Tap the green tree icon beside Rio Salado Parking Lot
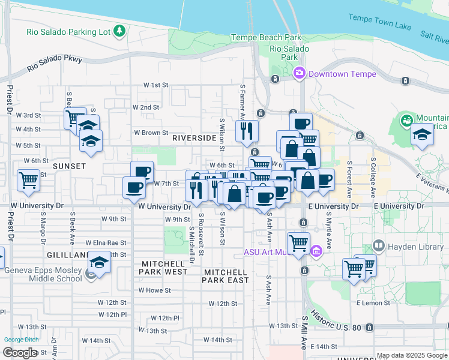coord(119,30)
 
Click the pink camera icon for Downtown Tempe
coord(299,73)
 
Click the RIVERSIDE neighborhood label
coord(193,138)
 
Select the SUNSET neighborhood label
coord(69,166)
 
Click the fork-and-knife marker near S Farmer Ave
coord(247,131)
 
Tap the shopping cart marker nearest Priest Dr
coord(28,179)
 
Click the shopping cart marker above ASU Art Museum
coord(298,242)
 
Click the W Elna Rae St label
coord(106,243)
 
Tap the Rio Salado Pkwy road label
coord(54,65)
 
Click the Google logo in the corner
coord(20,353)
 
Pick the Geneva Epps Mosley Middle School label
coord(43,274)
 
